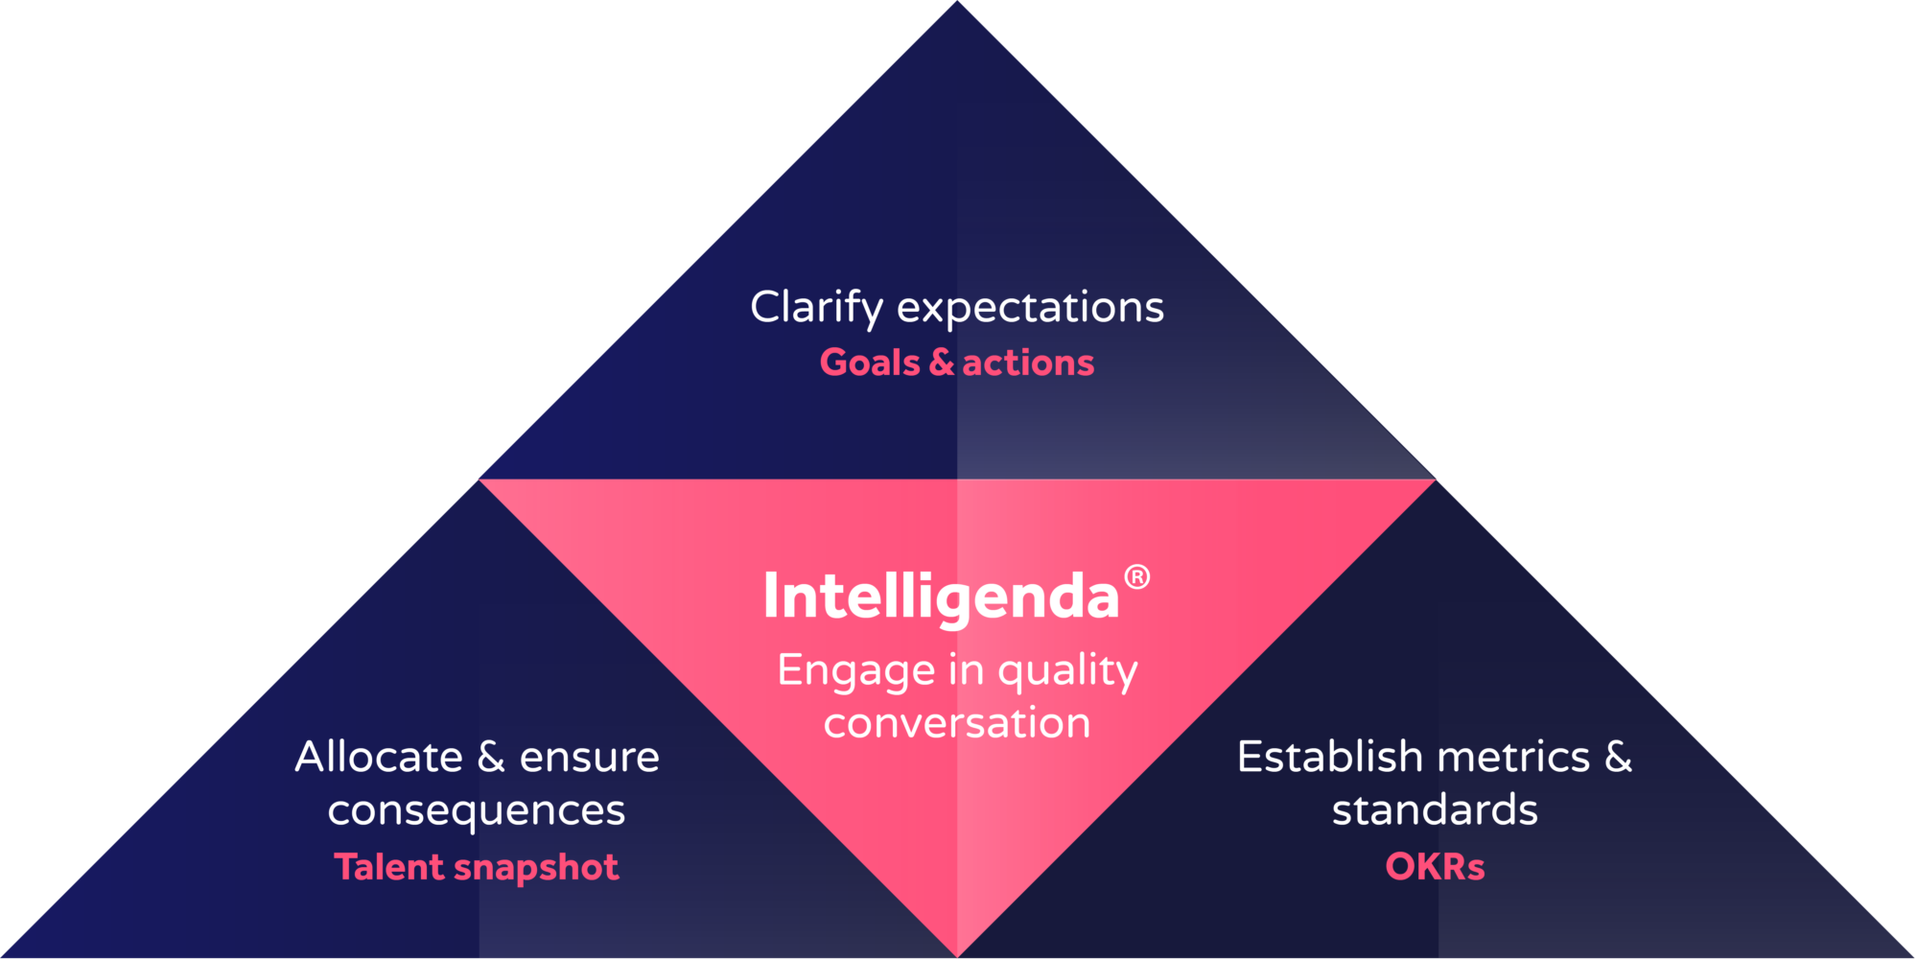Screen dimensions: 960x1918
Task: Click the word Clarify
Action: point(816,308)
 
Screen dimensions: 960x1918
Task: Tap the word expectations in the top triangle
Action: point(1030,308)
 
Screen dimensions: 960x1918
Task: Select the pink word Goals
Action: point(870,363)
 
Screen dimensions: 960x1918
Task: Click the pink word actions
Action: point(1028,363)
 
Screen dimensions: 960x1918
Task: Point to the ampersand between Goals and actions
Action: point(942,363)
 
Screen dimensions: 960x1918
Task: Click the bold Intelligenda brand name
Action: point(941,597)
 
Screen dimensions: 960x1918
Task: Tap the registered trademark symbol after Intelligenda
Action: point(1136,577)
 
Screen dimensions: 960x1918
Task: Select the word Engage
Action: point(856,671)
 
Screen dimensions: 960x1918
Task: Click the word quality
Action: point(1067,671)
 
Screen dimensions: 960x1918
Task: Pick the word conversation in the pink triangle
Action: point(957,723)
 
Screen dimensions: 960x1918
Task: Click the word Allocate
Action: point(379,757)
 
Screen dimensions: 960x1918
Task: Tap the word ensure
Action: point(589,757)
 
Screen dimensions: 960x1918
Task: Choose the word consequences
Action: point(477,810)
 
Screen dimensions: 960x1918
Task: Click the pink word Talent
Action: point(388,867)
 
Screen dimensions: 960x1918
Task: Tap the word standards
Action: point(1435,809)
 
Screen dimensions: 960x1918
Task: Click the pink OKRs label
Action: point(1435,867)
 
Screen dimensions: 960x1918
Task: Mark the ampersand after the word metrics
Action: point(1619,757)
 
